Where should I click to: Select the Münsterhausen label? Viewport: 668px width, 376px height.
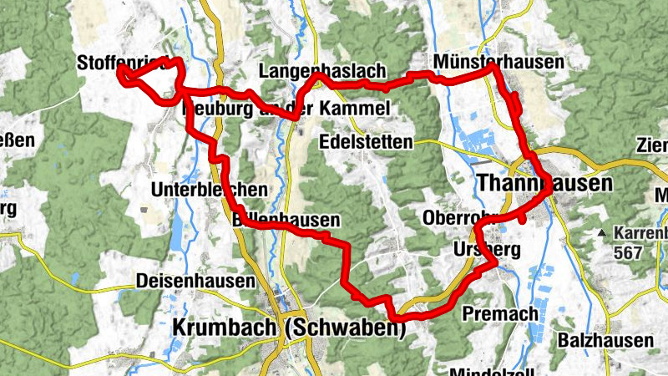pos(498,62)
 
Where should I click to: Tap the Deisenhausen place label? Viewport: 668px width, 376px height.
pos(195,282)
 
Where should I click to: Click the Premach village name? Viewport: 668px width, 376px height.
pos(500,312)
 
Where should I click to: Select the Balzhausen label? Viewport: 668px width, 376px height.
pos(606,340)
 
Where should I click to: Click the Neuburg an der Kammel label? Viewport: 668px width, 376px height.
pos(285,109)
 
